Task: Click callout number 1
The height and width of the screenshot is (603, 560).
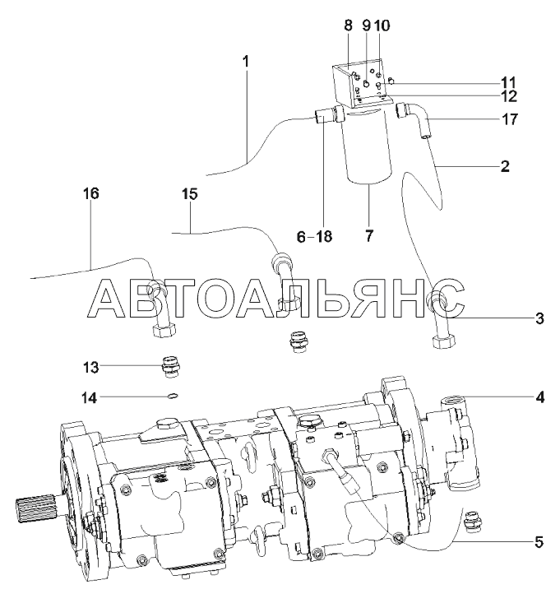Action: click(246, 62)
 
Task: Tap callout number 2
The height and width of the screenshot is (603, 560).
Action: click(505, 166)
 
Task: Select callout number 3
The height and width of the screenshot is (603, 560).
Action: click(540, 318)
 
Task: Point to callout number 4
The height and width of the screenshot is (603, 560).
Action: click(540, 397)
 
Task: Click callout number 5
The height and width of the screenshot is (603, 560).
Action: click(539, 542)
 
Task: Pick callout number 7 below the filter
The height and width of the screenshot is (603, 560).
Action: click(369, 235)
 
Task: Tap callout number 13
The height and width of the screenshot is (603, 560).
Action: click(91, 367)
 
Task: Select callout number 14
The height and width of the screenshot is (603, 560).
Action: click(89, 397)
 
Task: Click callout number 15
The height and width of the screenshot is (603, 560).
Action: click(189, 194)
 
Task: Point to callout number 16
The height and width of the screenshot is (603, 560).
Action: click(91, 193)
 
